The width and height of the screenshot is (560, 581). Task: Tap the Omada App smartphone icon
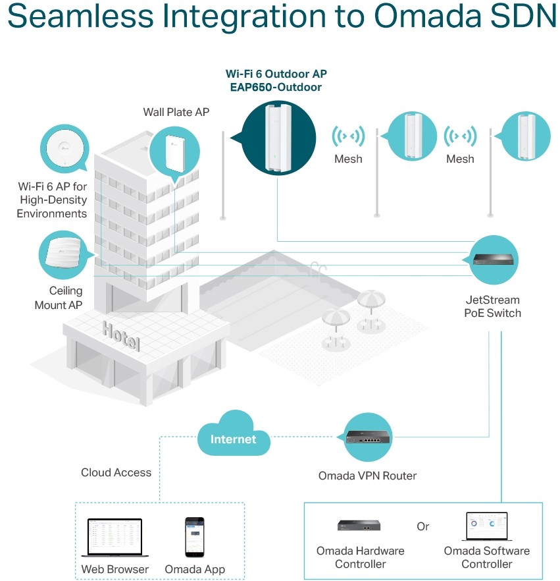pos(194,536)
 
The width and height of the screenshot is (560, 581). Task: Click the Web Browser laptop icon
pos(115,538)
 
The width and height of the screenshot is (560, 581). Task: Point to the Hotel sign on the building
pos(121,335)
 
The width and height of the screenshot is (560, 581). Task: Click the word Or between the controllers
pos(423,526)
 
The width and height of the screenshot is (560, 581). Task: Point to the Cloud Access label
pos(116,472)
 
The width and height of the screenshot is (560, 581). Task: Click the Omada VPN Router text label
pos(367,476)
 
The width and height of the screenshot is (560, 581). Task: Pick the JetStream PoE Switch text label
pos(492,306)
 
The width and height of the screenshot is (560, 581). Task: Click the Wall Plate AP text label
pos(176,112)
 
